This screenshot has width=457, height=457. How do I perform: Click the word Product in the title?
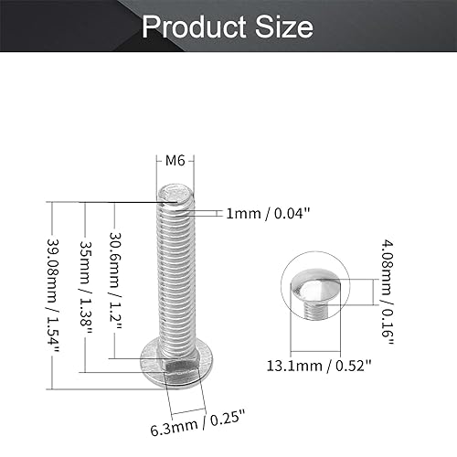point(194,27)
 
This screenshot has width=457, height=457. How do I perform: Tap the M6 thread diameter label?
point(175,162)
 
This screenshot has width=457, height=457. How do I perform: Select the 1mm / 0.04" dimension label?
point(270,213)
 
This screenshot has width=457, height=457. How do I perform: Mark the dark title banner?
point(228,27)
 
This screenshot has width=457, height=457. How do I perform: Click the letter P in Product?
point(151,27)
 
